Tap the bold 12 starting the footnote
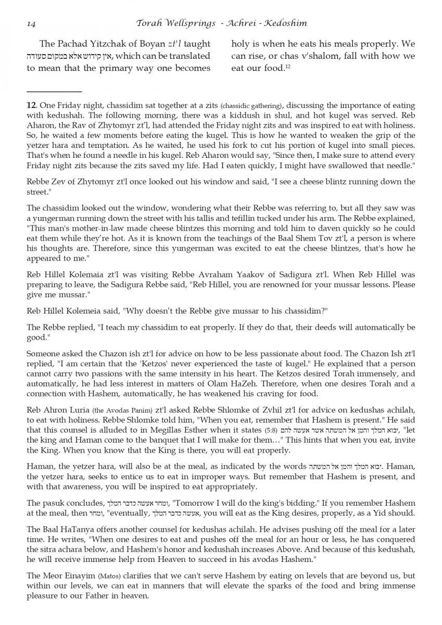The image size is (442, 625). [31, 105]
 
